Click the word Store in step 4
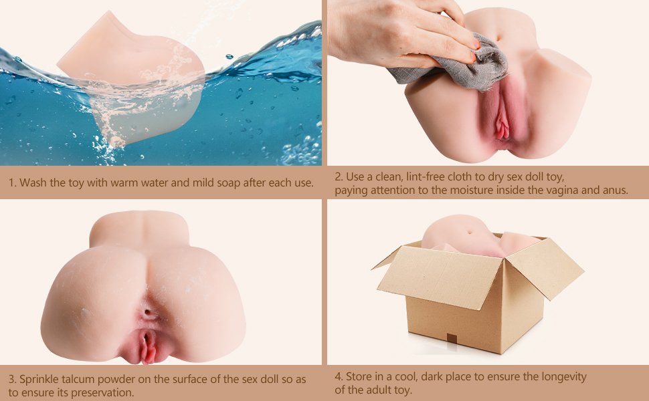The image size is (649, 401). pyautogui.click(x=359, y=377)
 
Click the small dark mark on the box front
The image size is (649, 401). pyautogui.click(x=452, y=338)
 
